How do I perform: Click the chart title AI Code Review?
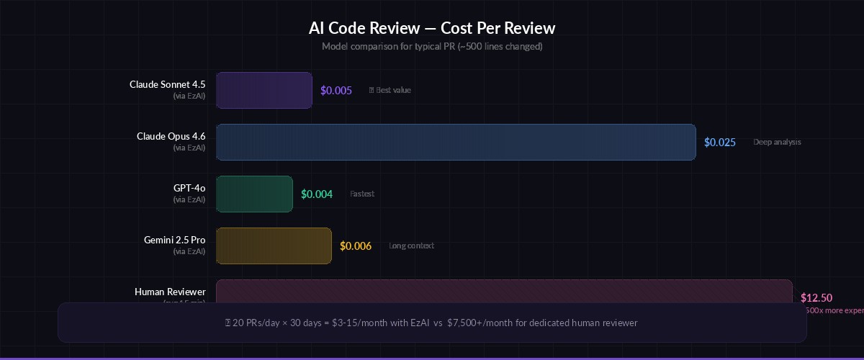coord(432,28)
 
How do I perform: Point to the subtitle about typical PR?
coord(432,46)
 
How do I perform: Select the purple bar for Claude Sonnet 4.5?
coord(264,90)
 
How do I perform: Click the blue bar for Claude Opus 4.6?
coord(456,142)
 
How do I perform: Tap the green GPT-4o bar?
coord(254,194)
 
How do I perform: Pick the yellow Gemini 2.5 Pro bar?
coord(274,246)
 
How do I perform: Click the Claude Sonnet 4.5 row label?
coord(167,84)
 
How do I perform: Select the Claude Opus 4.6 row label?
coord(171,136)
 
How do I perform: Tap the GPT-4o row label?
coord(189,188)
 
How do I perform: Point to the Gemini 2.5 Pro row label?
coord(174,240)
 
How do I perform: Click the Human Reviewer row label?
coord(170,292)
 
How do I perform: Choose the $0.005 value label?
coord(336,91)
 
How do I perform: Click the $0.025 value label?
coord(720,143)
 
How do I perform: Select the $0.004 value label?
coord(317,194)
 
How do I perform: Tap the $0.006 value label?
coord(356,246)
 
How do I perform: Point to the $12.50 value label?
coord(816,297)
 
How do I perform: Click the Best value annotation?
coord(392,90)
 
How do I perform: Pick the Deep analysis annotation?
coord(777,142)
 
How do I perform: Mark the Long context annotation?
coord(411,246)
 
